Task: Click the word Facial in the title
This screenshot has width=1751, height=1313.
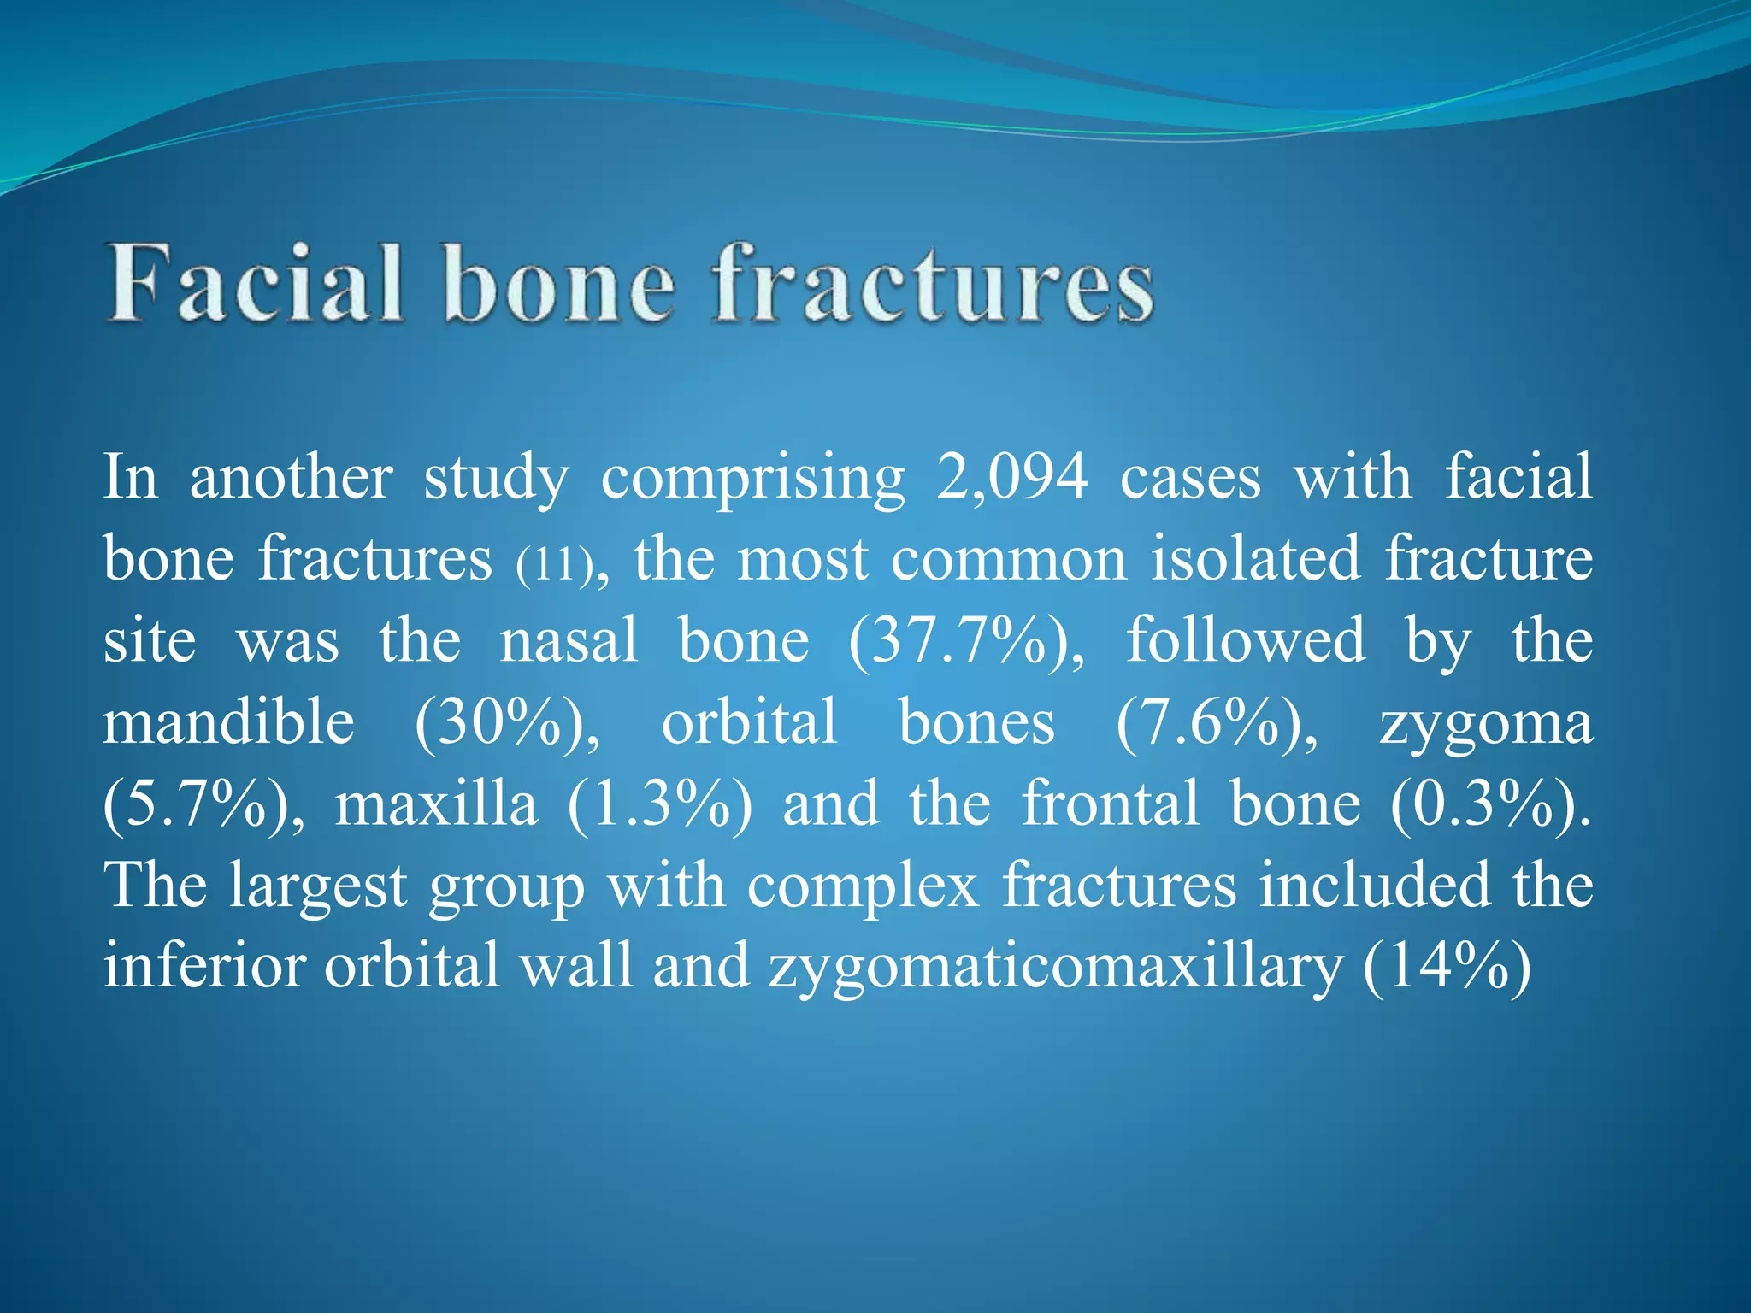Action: [x=254, y=284]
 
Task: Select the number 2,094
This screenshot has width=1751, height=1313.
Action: [x=1012, y=477]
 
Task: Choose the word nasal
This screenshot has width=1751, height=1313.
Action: [x=569, y=641]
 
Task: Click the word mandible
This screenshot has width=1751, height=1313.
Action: [x=228, y=722]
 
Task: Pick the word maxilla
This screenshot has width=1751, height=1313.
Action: [x=436, y=805]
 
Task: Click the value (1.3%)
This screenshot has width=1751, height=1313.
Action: [x=659, y=805]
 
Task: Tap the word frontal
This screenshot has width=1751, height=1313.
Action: [x=1111, y=804]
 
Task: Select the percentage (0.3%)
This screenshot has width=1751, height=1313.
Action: [x=1490, y=805]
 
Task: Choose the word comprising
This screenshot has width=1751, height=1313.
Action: [x=752, y=479]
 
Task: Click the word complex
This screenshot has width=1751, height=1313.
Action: [x=863, y=886]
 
